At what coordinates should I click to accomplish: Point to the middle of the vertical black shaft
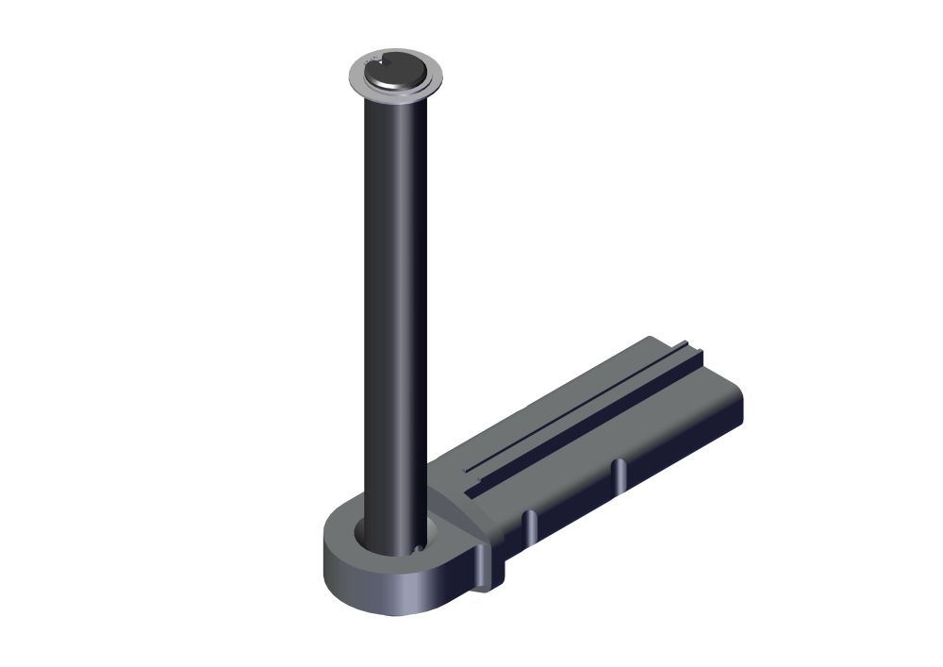[392, 311]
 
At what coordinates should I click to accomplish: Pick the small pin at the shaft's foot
[416, 546]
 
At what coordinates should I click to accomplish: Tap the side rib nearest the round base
[530, 526]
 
